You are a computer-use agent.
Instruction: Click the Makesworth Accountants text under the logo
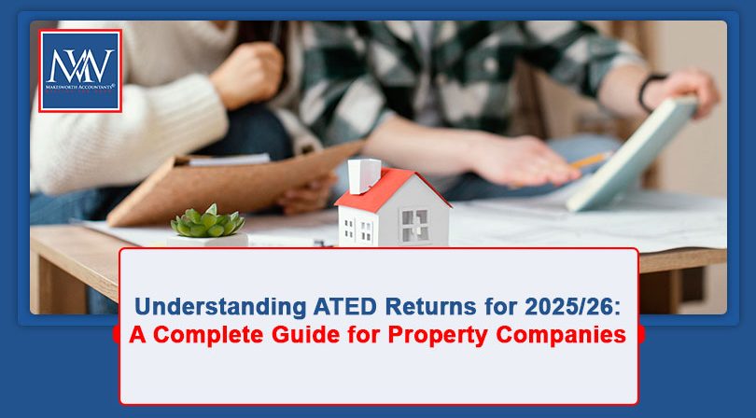(x=79, y=91)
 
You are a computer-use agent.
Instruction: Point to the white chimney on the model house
(x=362, y=174)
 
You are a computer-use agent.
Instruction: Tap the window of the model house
(x=413, y=225)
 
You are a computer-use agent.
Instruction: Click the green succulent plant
(x=208, y=222)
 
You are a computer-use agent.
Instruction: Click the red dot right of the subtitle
(x=640, y=334)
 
